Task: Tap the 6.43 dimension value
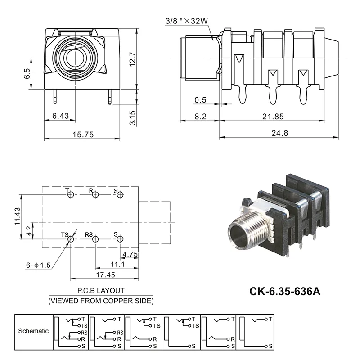pos(60,116)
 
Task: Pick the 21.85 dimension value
pos(273,116)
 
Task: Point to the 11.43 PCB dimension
pos(18,216)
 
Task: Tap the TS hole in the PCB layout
pos(71,240)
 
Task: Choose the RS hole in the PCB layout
pos(95,240)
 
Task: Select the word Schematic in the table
pos(33,331)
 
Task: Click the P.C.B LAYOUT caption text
pos(101,291)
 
